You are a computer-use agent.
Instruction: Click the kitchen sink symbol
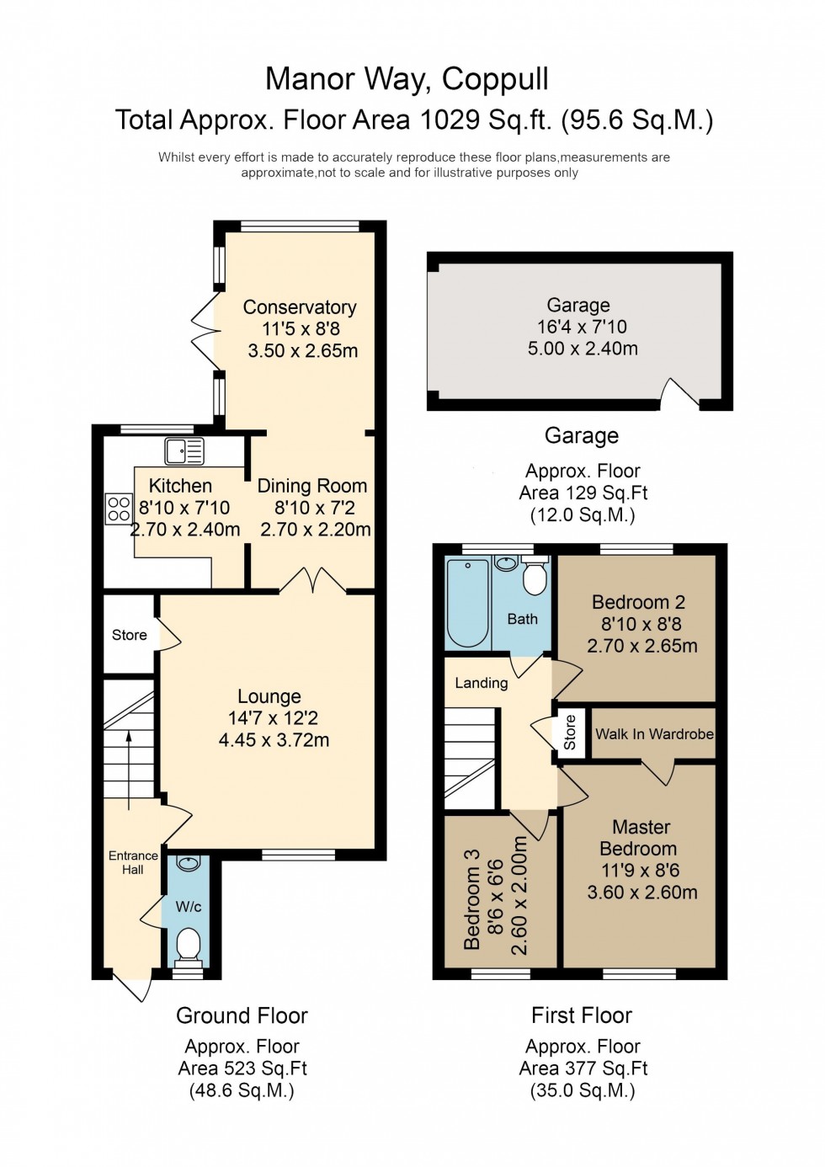pyautogui.click(x=184, y=451)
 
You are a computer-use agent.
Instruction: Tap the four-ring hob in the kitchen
pyautogui.click(x=119, y=509)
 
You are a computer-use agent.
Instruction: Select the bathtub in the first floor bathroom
pyautogui.click(x=467, y=603)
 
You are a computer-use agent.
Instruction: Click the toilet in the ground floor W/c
pyautogui.click(x=189, y=945)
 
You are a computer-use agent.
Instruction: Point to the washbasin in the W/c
pyautogui.click(x=189, y=863)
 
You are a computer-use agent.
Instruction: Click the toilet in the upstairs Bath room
pyautogui.click(x=535, y=576)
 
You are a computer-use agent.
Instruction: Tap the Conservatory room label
pyautogui.click(x=300, y=307)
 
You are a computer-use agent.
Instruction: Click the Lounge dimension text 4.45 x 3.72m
pyautogui.click(x=274, y=740)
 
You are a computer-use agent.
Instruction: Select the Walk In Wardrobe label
pyautogui.click(x=654, y=734)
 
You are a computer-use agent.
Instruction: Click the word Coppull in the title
pyautogui.click(x=495, y=79)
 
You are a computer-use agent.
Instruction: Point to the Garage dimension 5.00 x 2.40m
pyautogui.click(x=583, y=349)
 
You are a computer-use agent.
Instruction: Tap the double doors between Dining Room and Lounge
pyautogui.click(x=313, y=582)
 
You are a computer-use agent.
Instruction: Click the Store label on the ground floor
pyautogui.click(x=130, y=635)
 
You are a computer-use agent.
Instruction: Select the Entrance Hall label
pyautogui.click(x=133, y=862)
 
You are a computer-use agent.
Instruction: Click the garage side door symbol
pyautogui.click(x=678, y=395)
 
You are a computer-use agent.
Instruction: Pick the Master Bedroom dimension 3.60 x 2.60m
pyautogui.click(x=641, y=893)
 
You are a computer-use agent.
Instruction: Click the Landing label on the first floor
pyautogui.click(x=482, y=683)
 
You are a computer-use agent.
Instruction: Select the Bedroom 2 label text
pyautogui.click(x=638, y=602)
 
